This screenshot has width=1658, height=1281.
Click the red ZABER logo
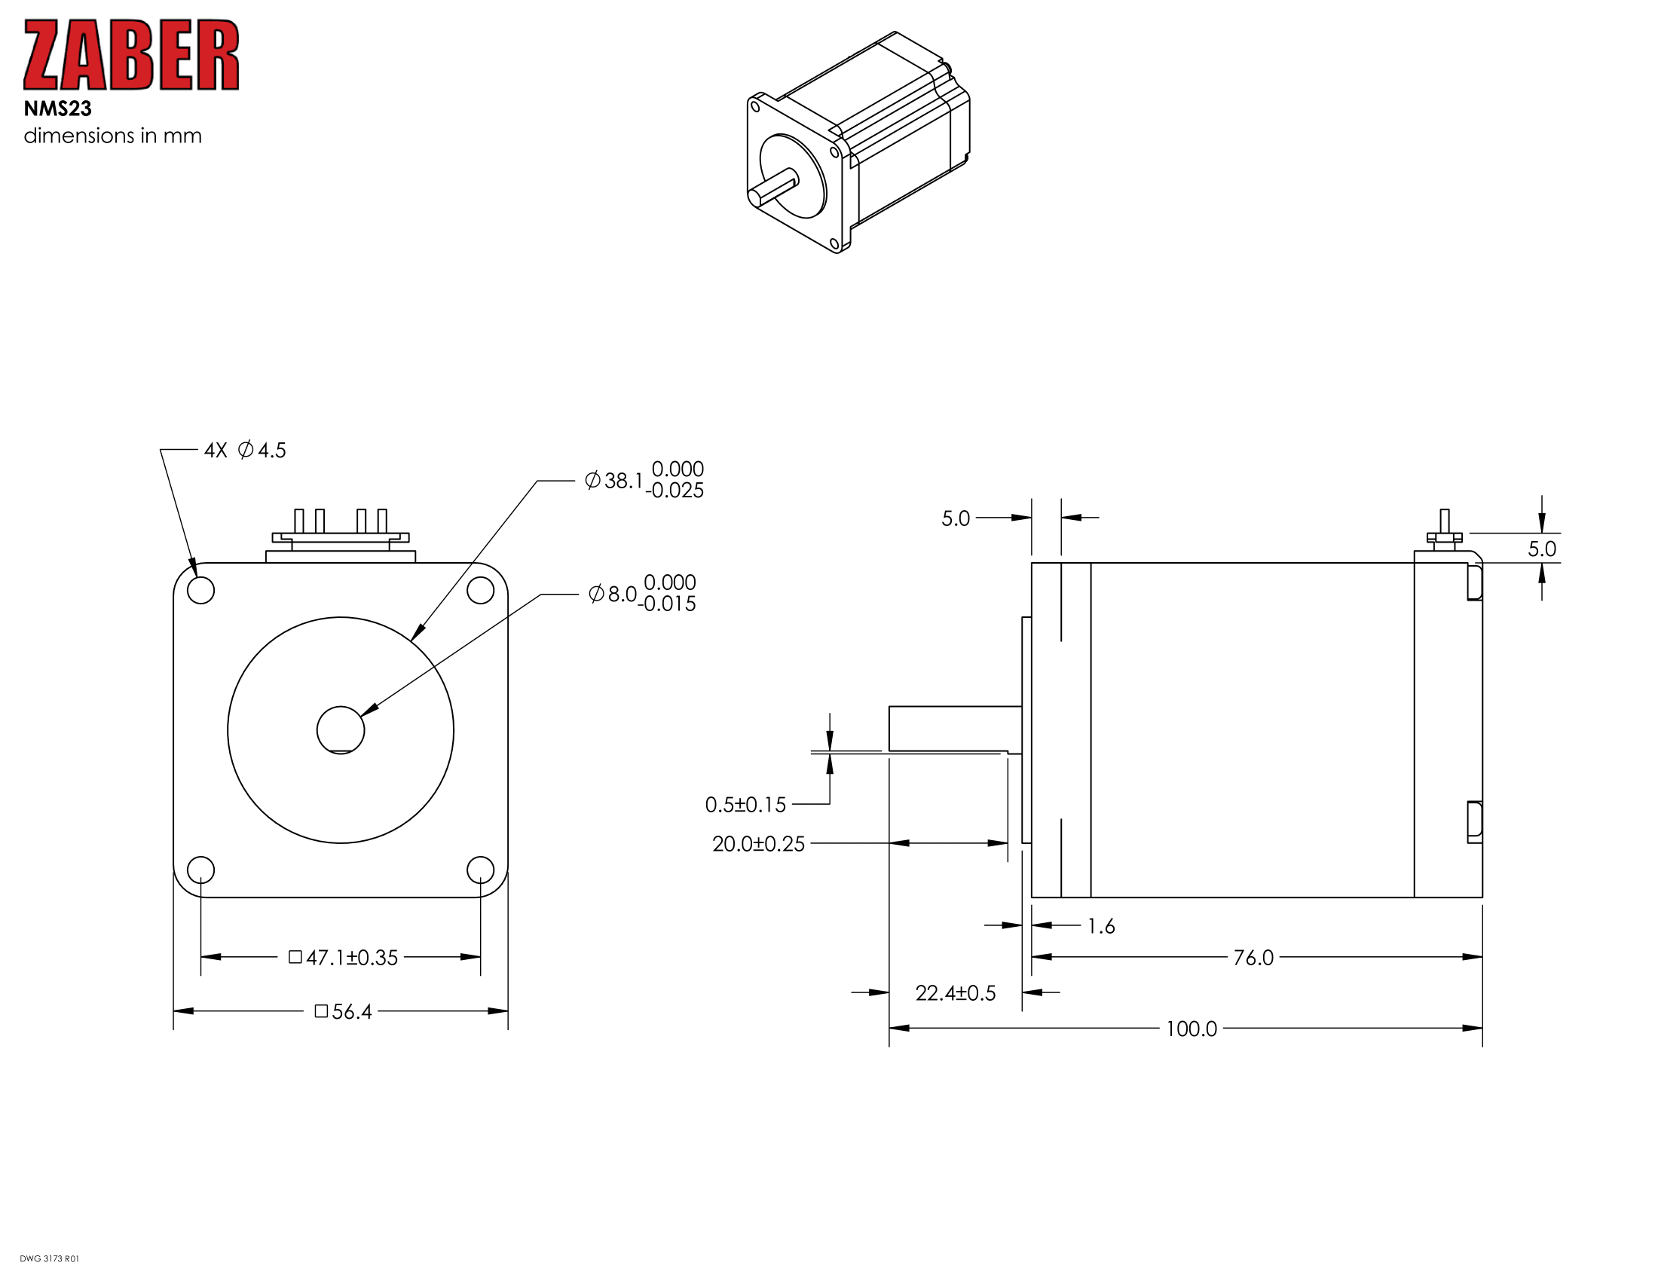(x=131, y=55)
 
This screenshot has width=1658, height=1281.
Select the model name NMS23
(x=58, y=109)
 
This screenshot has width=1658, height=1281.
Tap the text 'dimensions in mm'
(x=112, y=136)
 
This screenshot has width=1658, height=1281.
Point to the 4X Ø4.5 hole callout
(x=245, y=450)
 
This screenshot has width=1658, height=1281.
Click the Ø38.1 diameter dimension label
(x=644, y=479)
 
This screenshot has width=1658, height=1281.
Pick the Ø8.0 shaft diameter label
(x=642, y=593)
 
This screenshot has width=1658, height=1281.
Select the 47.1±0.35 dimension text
(x=343, y=957)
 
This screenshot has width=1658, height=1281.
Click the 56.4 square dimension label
(x=343, y=1011)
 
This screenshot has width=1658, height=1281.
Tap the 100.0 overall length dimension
(x=1191, y=1029)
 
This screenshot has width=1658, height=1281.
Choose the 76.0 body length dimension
(x=1253, y=958)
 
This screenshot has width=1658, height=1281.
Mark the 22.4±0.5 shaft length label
(x=955, y=992)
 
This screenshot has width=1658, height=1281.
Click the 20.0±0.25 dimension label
(x=758, y=844)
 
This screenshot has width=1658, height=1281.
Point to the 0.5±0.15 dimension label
(x=745, y=805)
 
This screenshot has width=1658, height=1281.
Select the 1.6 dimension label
(x=1101, y=926)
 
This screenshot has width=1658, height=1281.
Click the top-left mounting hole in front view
(x=200, y=590)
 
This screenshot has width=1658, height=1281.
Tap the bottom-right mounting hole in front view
(x=480, y=870)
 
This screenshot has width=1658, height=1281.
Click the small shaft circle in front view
(x=340, y=730)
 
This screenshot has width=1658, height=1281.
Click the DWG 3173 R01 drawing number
(x=49, y=1259)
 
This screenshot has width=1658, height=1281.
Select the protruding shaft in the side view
(x=955, y=729)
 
